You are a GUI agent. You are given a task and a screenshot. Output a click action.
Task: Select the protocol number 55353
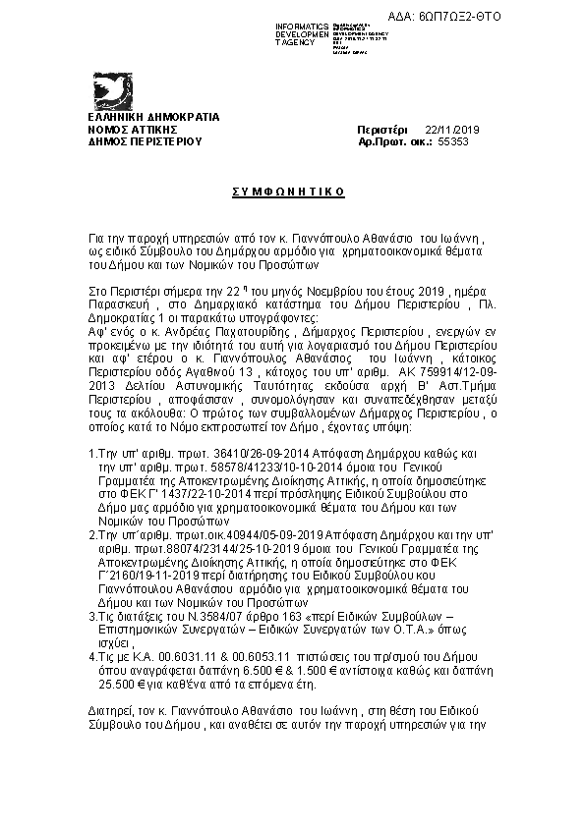(x=452, y=141)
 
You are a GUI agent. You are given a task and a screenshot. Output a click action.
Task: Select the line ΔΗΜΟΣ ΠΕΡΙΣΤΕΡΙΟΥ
(x=145, y=141)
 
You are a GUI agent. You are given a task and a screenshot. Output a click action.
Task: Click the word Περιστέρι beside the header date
(x=382, y=130)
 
